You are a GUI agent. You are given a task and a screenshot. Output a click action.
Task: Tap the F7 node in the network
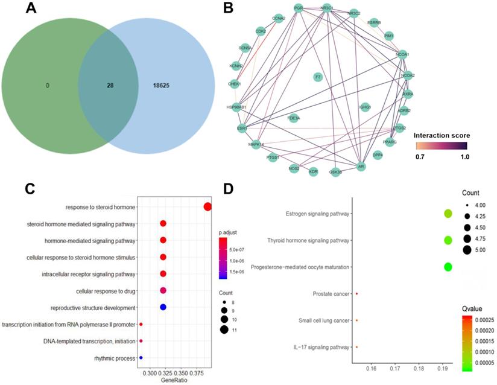point(318,77)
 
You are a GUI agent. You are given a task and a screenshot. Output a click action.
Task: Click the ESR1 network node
point(242,128)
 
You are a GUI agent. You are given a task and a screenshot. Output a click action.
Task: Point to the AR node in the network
point(361,165)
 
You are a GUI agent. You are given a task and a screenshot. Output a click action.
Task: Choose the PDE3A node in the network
point(293,118)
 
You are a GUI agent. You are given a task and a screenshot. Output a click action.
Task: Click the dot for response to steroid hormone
point(207,207)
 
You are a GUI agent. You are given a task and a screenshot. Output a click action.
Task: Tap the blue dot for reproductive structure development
point(163,307)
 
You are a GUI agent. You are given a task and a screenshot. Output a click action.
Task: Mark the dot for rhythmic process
point(141,358)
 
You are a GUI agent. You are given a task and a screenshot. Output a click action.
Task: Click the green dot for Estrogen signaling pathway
point(448,213)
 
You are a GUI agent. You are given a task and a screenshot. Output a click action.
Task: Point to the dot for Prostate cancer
point(357,293)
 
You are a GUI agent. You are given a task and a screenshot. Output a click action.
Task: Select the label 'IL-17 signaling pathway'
point(320,347)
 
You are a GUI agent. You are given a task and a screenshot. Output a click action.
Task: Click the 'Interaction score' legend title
point(442,135)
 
